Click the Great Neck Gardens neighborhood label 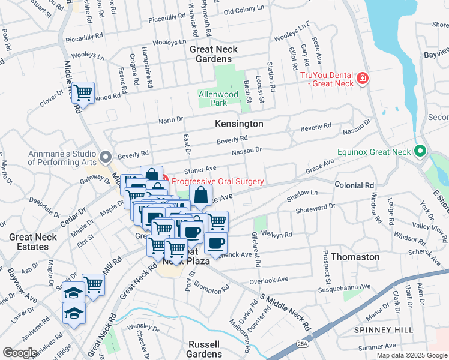point(214,54)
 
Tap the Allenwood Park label point(218,99)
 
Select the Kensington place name point(239,124)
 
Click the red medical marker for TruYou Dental point(362,79)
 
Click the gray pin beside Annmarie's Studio point(106,158)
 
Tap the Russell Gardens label point(205,349)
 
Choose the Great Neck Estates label point(32,242)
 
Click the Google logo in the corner point(20,353)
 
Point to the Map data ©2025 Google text point(412,355)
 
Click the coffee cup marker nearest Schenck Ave point(215,243)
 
